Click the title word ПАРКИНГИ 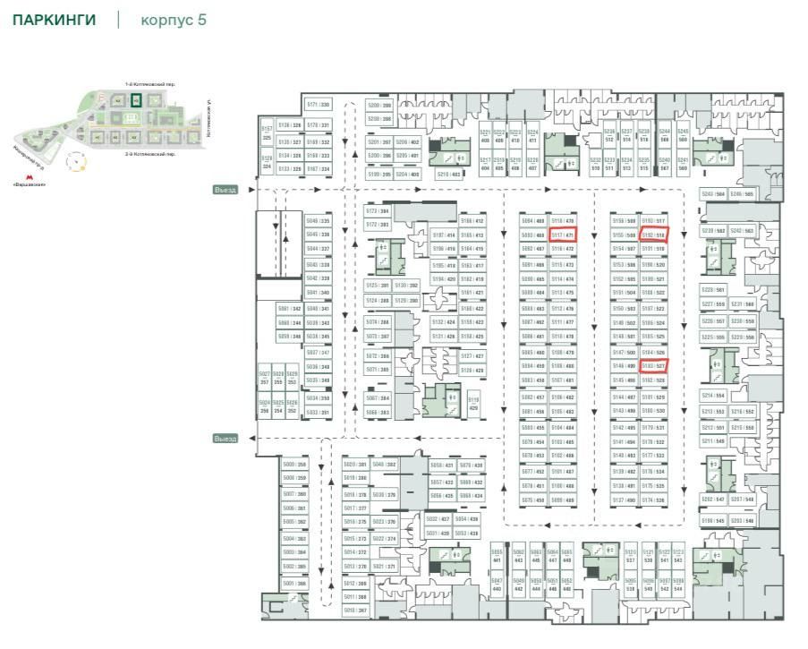(x=54, y=20)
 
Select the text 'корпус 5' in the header (x=174, y=20)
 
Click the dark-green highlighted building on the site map (x=135, y=100)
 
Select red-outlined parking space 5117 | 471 (x=563, y=235)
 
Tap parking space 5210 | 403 (x=448, y=175)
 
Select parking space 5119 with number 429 (x=474, y=403)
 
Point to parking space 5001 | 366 (x=294, y=584)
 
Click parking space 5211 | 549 (x=713, y=440)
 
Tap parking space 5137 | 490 (x=624, y=500)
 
